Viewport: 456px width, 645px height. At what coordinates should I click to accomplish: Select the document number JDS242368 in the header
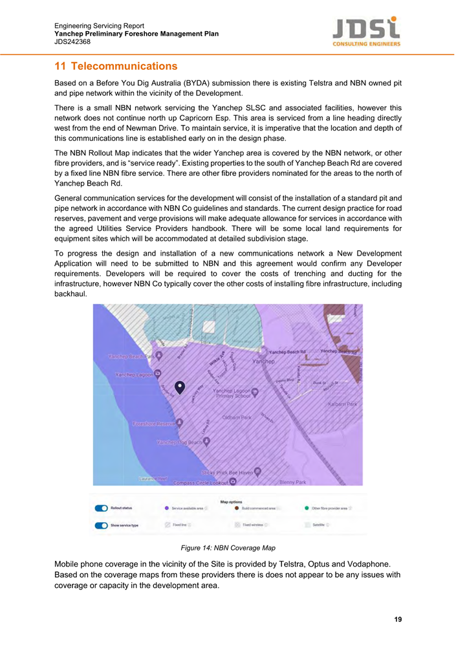tap(72, 41)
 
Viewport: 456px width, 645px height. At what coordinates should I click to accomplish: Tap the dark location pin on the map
tap(180, 387)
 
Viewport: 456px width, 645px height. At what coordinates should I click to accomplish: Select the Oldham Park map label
tap(237, 417)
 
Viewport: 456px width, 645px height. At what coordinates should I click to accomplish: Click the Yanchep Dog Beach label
tap(179, 443)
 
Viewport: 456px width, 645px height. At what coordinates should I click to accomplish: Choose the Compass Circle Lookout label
tap(197, 482)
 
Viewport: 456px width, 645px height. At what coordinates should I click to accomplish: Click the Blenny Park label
tap(292, 482)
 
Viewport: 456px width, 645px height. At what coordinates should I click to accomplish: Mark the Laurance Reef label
tap(153, 479)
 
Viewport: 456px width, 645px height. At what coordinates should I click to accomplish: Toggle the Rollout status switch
tap(102, 508)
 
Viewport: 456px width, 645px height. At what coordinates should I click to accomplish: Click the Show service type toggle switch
tap(102, 525)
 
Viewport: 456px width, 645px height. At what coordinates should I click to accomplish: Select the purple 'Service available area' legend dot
tap(168, 508)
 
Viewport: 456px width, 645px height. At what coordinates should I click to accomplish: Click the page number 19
tap(398, 620)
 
